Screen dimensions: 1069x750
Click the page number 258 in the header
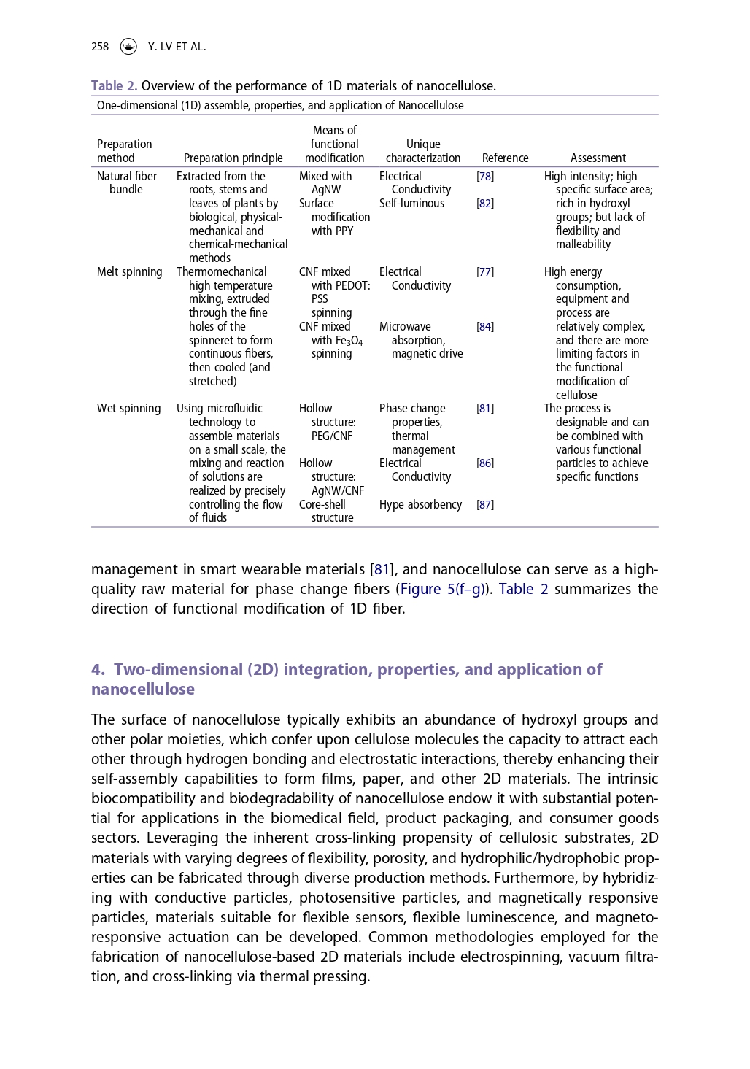tap(100, 47)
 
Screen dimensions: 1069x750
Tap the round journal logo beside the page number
tap(128, 47)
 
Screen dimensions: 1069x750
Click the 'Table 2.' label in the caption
tap(114, 86)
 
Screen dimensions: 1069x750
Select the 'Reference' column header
tap(505, 158)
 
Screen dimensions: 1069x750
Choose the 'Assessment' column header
tap(598, 158)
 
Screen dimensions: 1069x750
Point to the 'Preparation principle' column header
tap(233, 158)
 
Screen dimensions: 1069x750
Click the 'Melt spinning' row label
tap(129, 272)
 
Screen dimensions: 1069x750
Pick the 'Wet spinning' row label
tap(128, 409)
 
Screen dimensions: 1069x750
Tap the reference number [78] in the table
tap(485, 177)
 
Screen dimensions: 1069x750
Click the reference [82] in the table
tap(485, 204)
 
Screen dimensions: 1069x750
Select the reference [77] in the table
tap(485, 272)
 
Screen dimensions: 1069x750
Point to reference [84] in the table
tap(485, 327)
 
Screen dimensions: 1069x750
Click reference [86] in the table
tap(485, 463)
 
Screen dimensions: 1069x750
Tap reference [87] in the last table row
tap(485, 505)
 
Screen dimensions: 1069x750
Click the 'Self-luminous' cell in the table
tap(411, 204)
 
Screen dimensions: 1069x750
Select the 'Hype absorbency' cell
tap(420, 505)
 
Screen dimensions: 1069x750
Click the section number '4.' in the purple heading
tap(98, 670)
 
